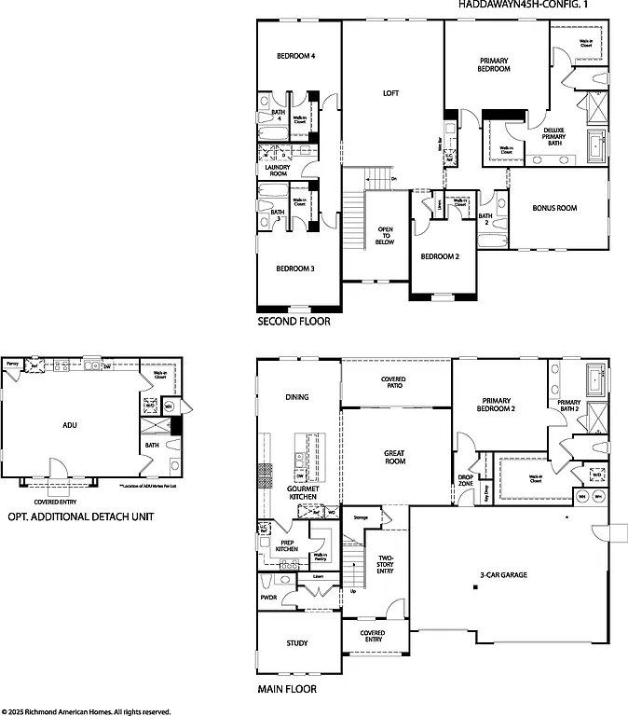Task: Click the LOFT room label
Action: click(x=391, y=93)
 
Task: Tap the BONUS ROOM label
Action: click(x=555, y=208)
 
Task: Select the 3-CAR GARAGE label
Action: click(x=503, y=575)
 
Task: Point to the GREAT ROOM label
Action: click(x=394, y=457)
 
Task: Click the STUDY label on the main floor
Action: click(x=297, y=643)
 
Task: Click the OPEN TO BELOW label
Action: click(x=386, y=235)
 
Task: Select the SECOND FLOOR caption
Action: click(x=294, y=322)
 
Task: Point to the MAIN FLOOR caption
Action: click(x=287, y=690)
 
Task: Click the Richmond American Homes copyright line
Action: click(x=86, y=710)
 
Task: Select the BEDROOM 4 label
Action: click(x=296, y=57)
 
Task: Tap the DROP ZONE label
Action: click(x=465, y=481)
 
